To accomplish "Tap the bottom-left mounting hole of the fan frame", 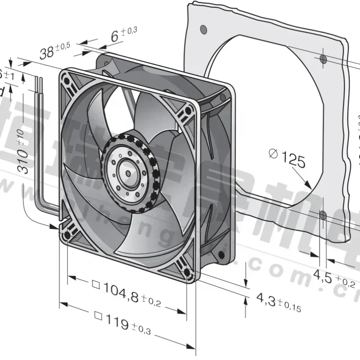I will click(x=67, y=234).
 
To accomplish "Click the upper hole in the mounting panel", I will click(x=323, y=59).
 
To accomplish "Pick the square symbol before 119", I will click(x=99, y=318).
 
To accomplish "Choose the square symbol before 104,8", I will click(x=95, y=284).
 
